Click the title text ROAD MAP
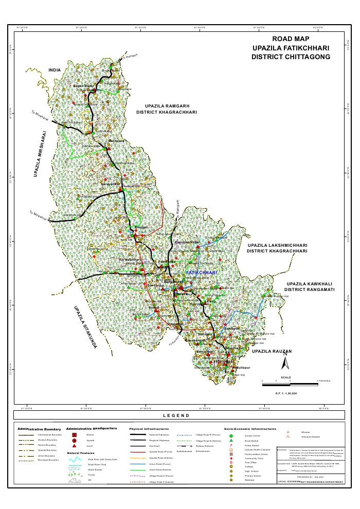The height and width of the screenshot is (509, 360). [x=291, y=39]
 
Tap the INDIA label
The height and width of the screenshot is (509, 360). [x=55, y=70]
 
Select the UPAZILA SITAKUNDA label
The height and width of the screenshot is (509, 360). [x=85, y=329]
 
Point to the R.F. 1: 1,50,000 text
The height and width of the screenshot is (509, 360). [x=286, y=393]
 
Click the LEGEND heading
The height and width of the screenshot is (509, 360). [x=176, y=415]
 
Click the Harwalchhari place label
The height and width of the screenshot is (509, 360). [x=130, y=260]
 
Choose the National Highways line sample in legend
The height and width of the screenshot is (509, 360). [x=137, y=435]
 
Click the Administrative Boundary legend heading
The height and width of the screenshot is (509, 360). [x=39, y=429]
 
